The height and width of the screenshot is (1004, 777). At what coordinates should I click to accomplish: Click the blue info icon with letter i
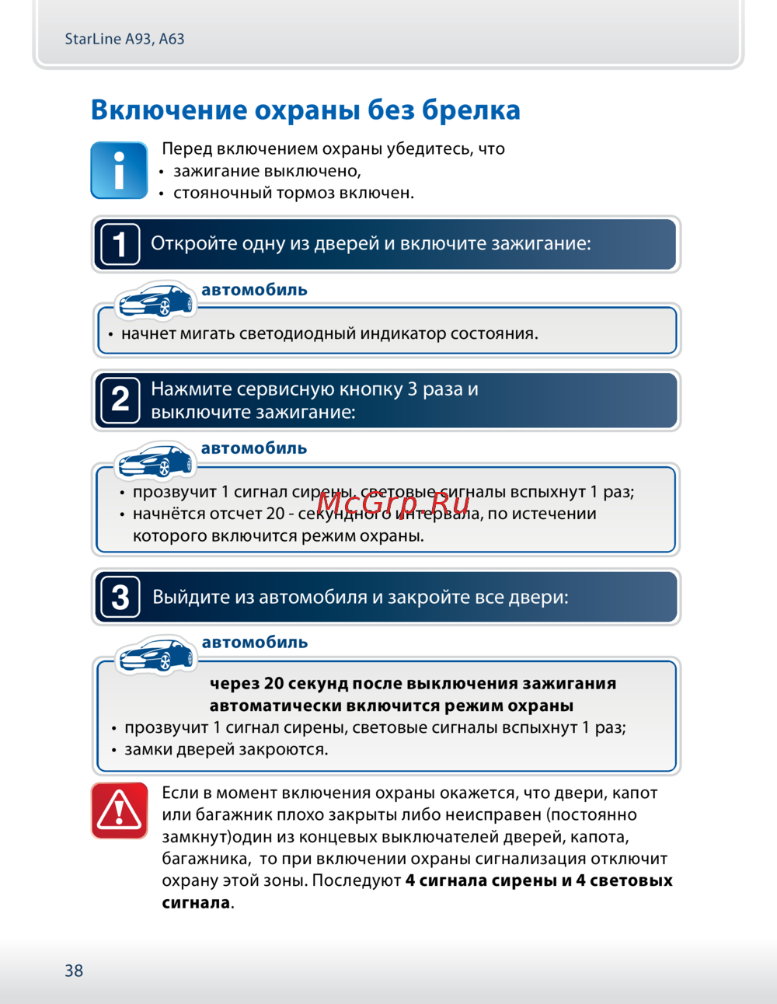[119, 170]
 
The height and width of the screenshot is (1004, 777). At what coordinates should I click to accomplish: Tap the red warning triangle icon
[119, 811]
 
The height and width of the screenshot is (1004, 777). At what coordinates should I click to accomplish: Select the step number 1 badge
[120, 244]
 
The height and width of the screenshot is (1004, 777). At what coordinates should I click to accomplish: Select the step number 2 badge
[120, 400]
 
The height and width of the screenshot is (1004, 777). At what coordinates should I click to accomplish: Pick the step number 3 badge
[120, 597]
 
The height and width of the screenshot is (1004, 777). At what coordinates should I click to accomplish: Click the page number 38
[74, 971]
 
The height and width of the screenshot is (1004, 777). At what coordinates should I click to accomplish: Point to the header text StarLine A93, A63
[124, 39]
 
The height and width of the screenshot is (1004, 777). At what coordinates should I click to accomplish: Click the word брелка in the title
[471, 110]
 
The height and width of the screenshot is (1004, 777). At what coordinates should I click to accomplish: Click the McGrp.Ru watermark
[393, 505]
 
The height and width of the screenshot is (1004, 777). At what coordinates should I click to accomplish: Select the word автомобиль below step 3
[255, 643]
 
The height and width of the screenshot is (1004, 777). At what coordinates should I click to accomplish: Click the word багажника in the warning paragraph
[206, 859]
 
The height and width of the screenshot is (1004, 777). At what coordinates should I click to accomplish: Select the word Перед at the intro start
[186, 148]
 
